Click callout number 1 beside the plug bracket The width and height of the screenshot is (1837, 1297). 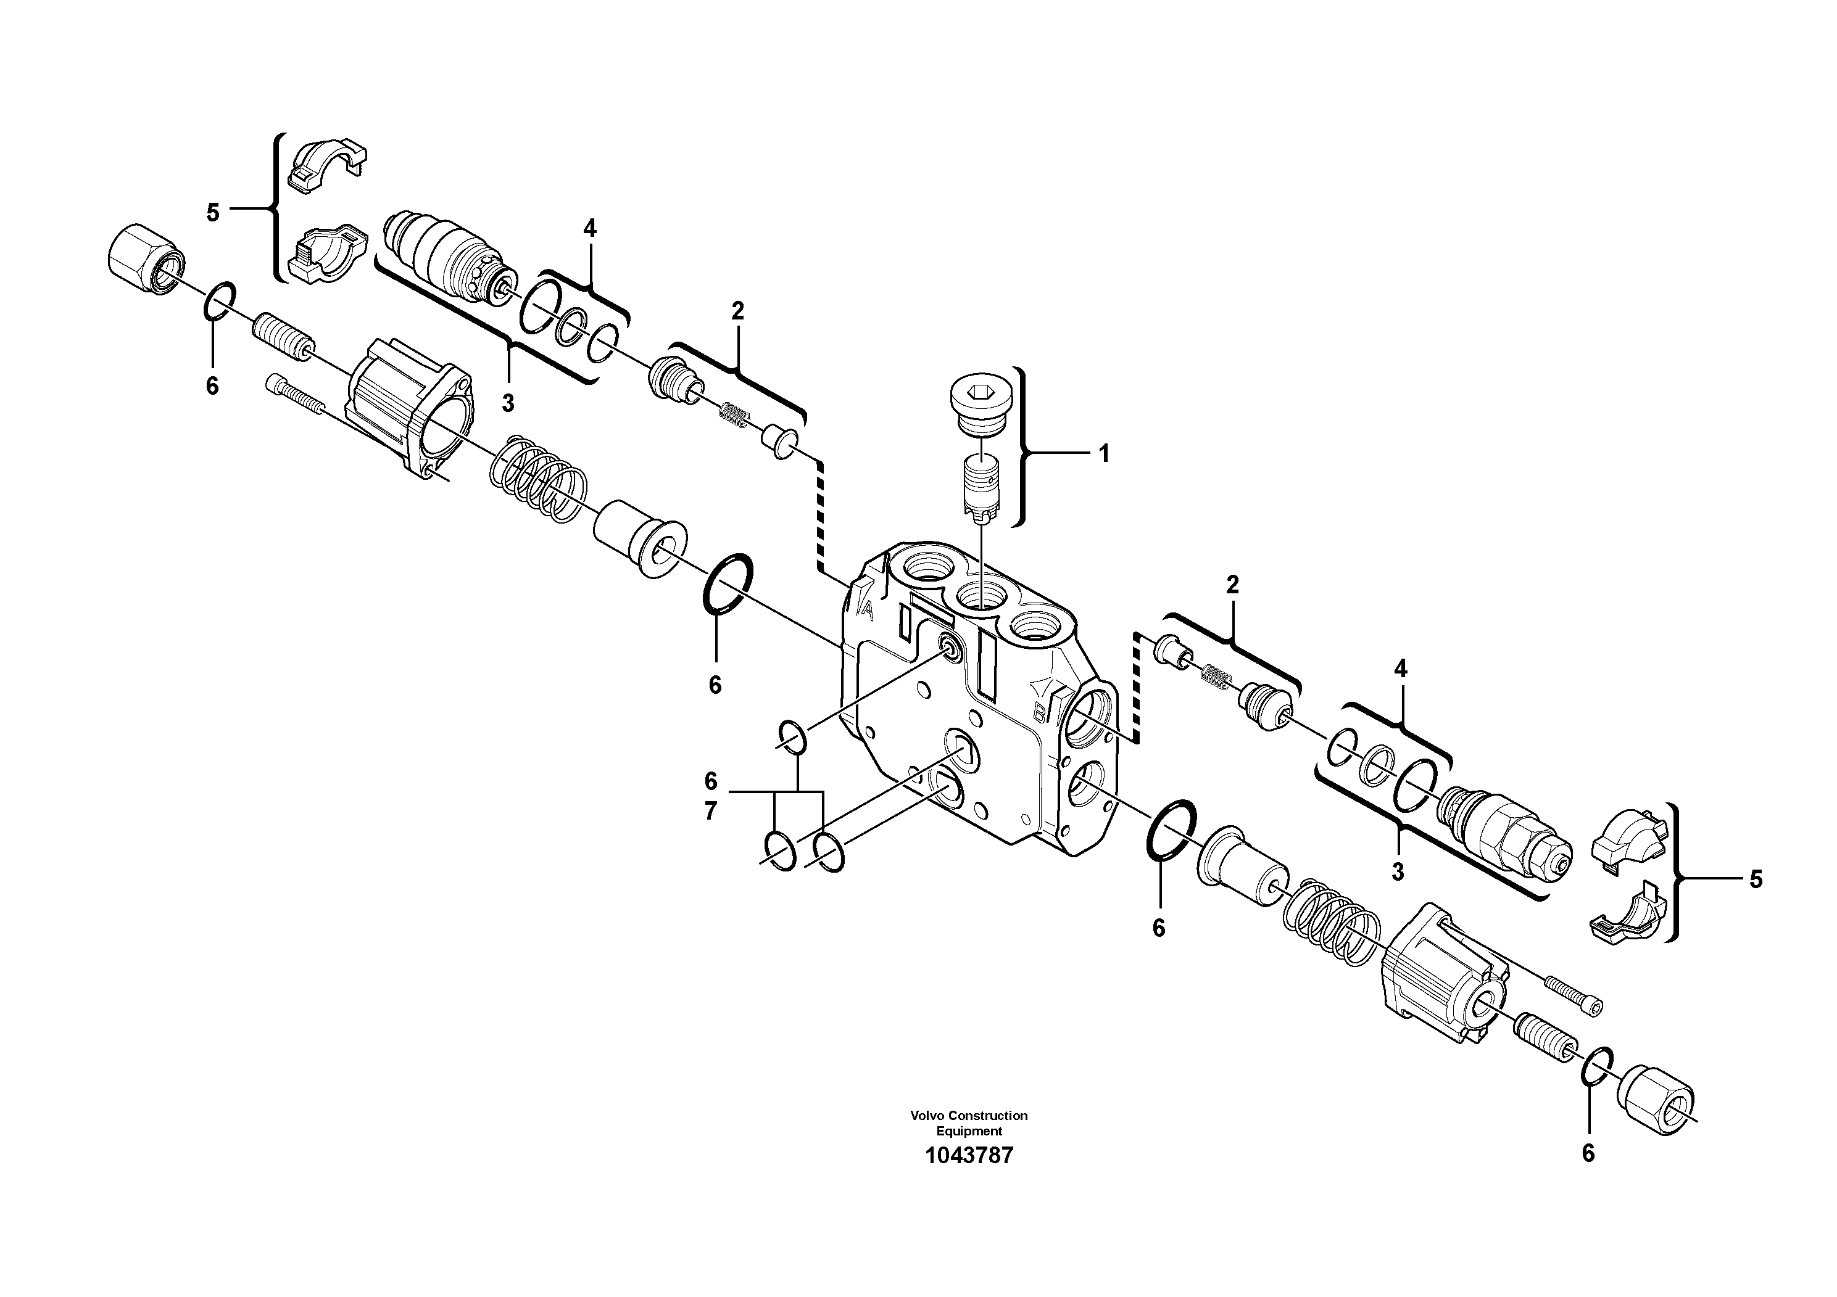tap(1104, 454)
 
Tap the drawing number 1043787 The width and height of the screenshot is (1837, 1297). tap(969, 1156)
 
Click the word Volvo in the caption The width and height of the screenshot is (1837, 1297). tap(924, 1114)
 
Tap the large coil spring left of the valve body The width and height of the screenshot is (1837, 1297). tap(537, 480)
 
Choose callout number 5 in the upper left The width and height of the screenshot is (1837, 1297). tap(213, 213)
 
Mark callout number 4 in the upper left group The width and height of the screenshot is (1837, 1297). tap(590, 229)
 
